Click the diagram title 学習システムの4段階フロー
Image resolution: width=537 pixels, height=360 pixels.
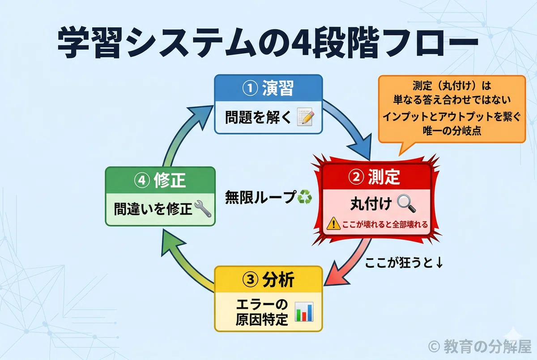(268, 42)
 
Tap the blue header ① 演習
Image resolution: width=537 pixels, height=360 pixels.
(268, 88)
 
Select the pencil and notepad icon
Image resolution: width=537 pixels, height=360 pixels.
(305, 117)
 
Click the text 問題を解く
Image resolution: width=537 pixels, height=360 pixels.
(258, 117)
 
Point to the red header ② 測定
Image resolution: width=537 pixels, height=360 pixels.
(374, 177)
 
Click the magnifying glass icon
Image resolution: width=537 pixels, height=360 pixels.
(406, 203)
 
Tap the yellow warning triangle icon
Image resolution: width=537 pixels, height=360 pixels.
(333, 224)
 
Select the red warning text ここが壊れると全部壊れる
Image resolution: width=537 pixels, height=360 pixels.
(385, 224)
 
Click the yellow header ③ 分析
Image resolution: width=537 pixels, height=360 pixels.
(268, 280)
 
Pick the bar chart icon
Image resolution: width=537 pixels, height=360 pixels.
(304, 312)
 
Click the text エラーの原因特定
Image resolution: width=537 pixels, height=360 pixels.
(262, 312)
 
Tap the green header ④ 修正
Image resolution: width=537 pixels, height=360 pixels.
(160, 180)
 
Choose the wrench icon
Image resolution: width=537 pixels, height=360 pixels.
(203, 209)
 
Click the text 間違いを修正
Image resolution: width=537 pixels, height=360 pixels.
(153, 209)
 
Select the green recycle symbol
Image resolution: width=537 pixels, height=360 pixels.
(304, 197)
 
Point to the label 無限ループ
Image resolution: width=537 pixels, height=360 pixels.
(260, 197)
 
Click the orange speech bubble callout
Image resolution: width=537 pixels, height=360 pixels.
(452, 110)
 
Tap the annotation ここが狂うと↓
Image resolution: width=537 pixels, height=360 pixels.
(404, 263)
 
